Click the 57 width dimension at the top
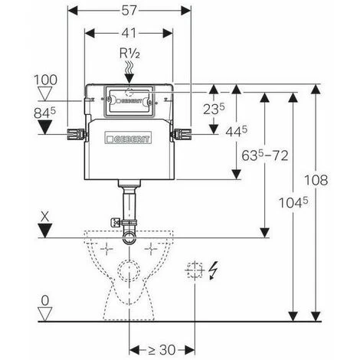(x=129, y=11)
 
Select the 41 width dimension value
(x=129, y=33)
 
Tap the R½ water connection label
(x=129, y=54)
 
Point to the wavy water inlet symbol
(x=130, y=68)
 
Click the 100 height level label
(x=46, y=80)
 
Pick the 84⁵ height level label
(x=44, y=113)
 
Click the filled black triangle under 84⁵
(x=45, y=127)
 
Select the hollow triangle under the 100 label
(x=45, y=93)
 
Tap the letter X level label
(x=45, y=217)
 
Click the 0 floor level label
(x=45, y=301)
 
